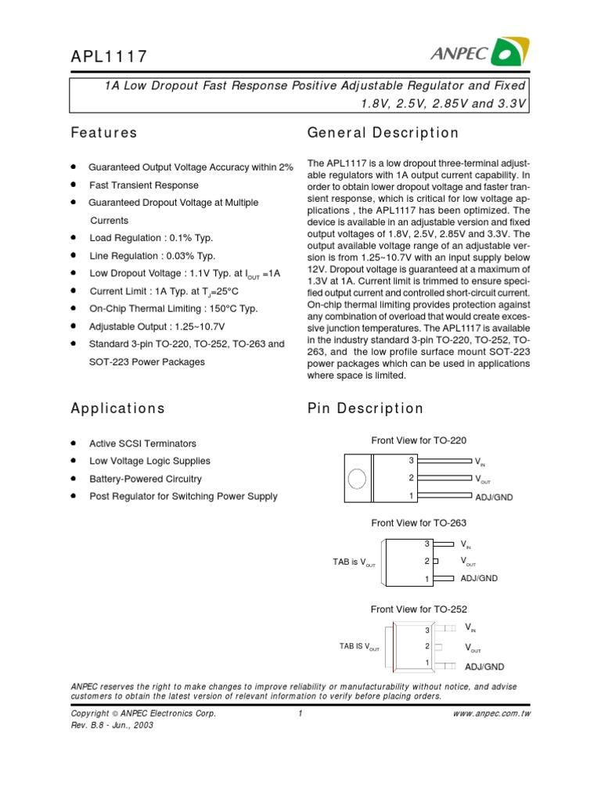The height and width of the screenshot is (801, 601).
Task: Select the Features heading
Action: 104,133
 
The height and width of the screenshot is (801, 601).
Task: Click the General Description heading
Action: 383,133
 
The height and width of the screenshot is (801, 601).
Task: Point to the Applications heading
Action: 117,408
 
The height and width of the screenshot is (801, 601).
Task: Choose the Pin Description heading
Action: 365,408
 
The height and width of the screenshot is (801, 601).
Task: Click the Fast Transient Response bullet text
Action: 144,185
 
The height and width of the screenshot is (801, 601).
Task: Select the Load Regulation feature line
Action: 151,238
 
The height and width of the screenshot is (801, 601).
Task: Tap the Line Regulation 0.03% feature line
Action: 153,256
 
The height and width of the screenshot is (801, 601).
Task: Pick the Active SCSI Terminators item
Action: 143,444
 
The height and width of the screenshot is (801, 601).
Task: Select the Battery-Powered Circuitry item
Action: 146,479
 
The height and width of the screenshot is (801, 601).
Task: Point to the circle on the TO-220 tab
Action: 356,478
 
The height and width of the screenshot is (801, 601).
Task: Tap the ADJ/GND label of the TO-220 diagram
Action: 494,497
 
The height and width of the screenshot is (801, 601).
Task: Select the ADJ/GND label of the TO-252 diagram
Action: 485,666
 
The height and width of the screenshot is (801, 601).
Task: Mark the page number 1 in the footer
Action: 300,713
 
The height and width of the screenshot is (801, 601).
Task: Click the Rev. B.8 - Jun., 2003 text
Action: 112,725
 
